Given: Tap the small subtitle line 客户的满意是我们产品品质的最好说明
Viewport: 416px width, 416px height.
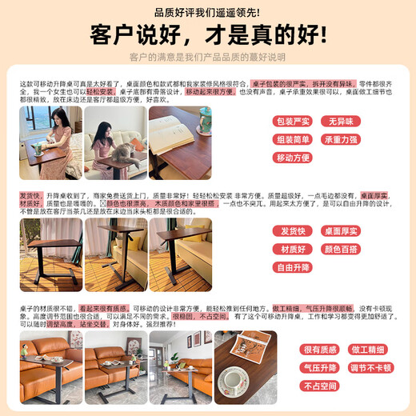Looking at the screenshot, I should (207, 58).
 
